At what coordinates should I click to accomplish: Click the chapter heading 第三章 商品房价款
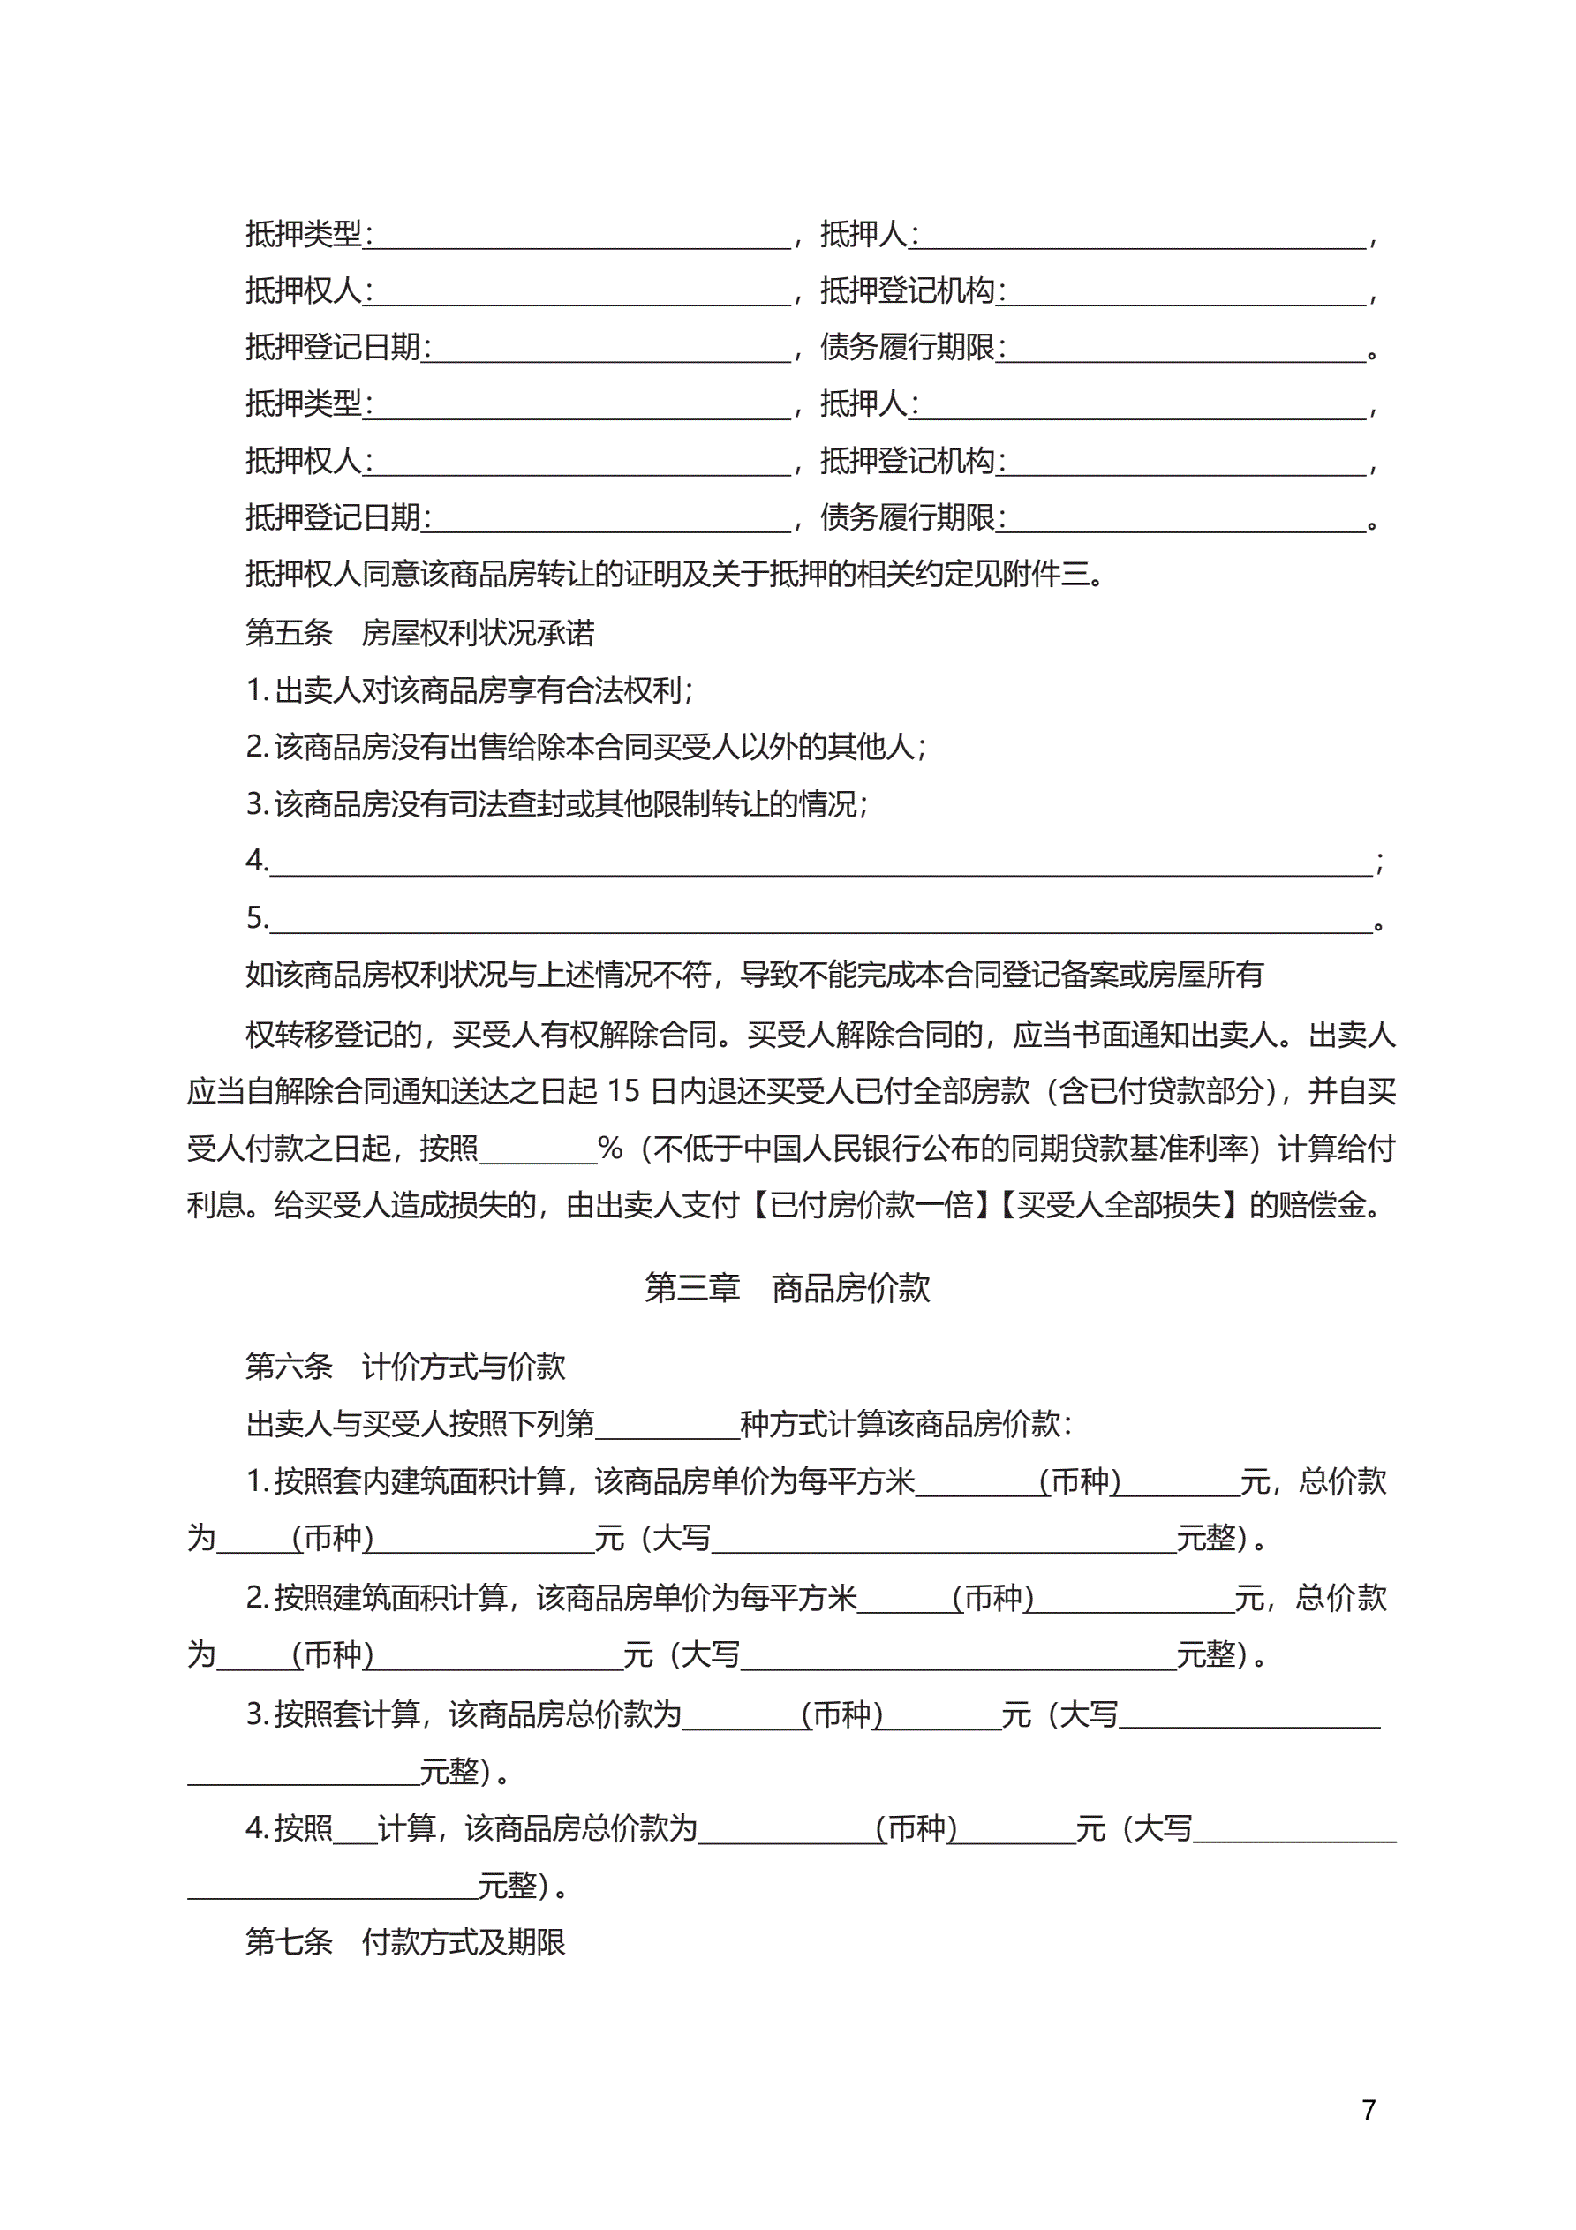click(x=787, y=1288)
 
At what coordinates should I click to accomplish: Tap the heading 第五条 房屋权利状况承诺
click(x=419, y=633)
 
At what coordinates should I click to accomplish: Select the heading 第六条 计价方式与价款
click(x=404, y=1367)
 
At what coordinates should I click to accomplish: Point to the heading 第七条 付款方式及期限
click(x=404, y=1941)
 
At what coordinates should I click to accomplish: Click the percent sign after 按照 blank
click(x=610, y=1149)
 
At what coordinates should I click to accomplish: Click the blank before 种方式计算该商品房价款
click(x=667, y=1426)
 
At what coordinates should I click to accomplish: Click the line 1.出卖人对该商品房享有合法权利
click(x=470, y=690)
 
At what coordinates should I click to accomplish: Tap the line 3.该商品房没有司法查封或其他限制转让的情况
click(x=557, y=804)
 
